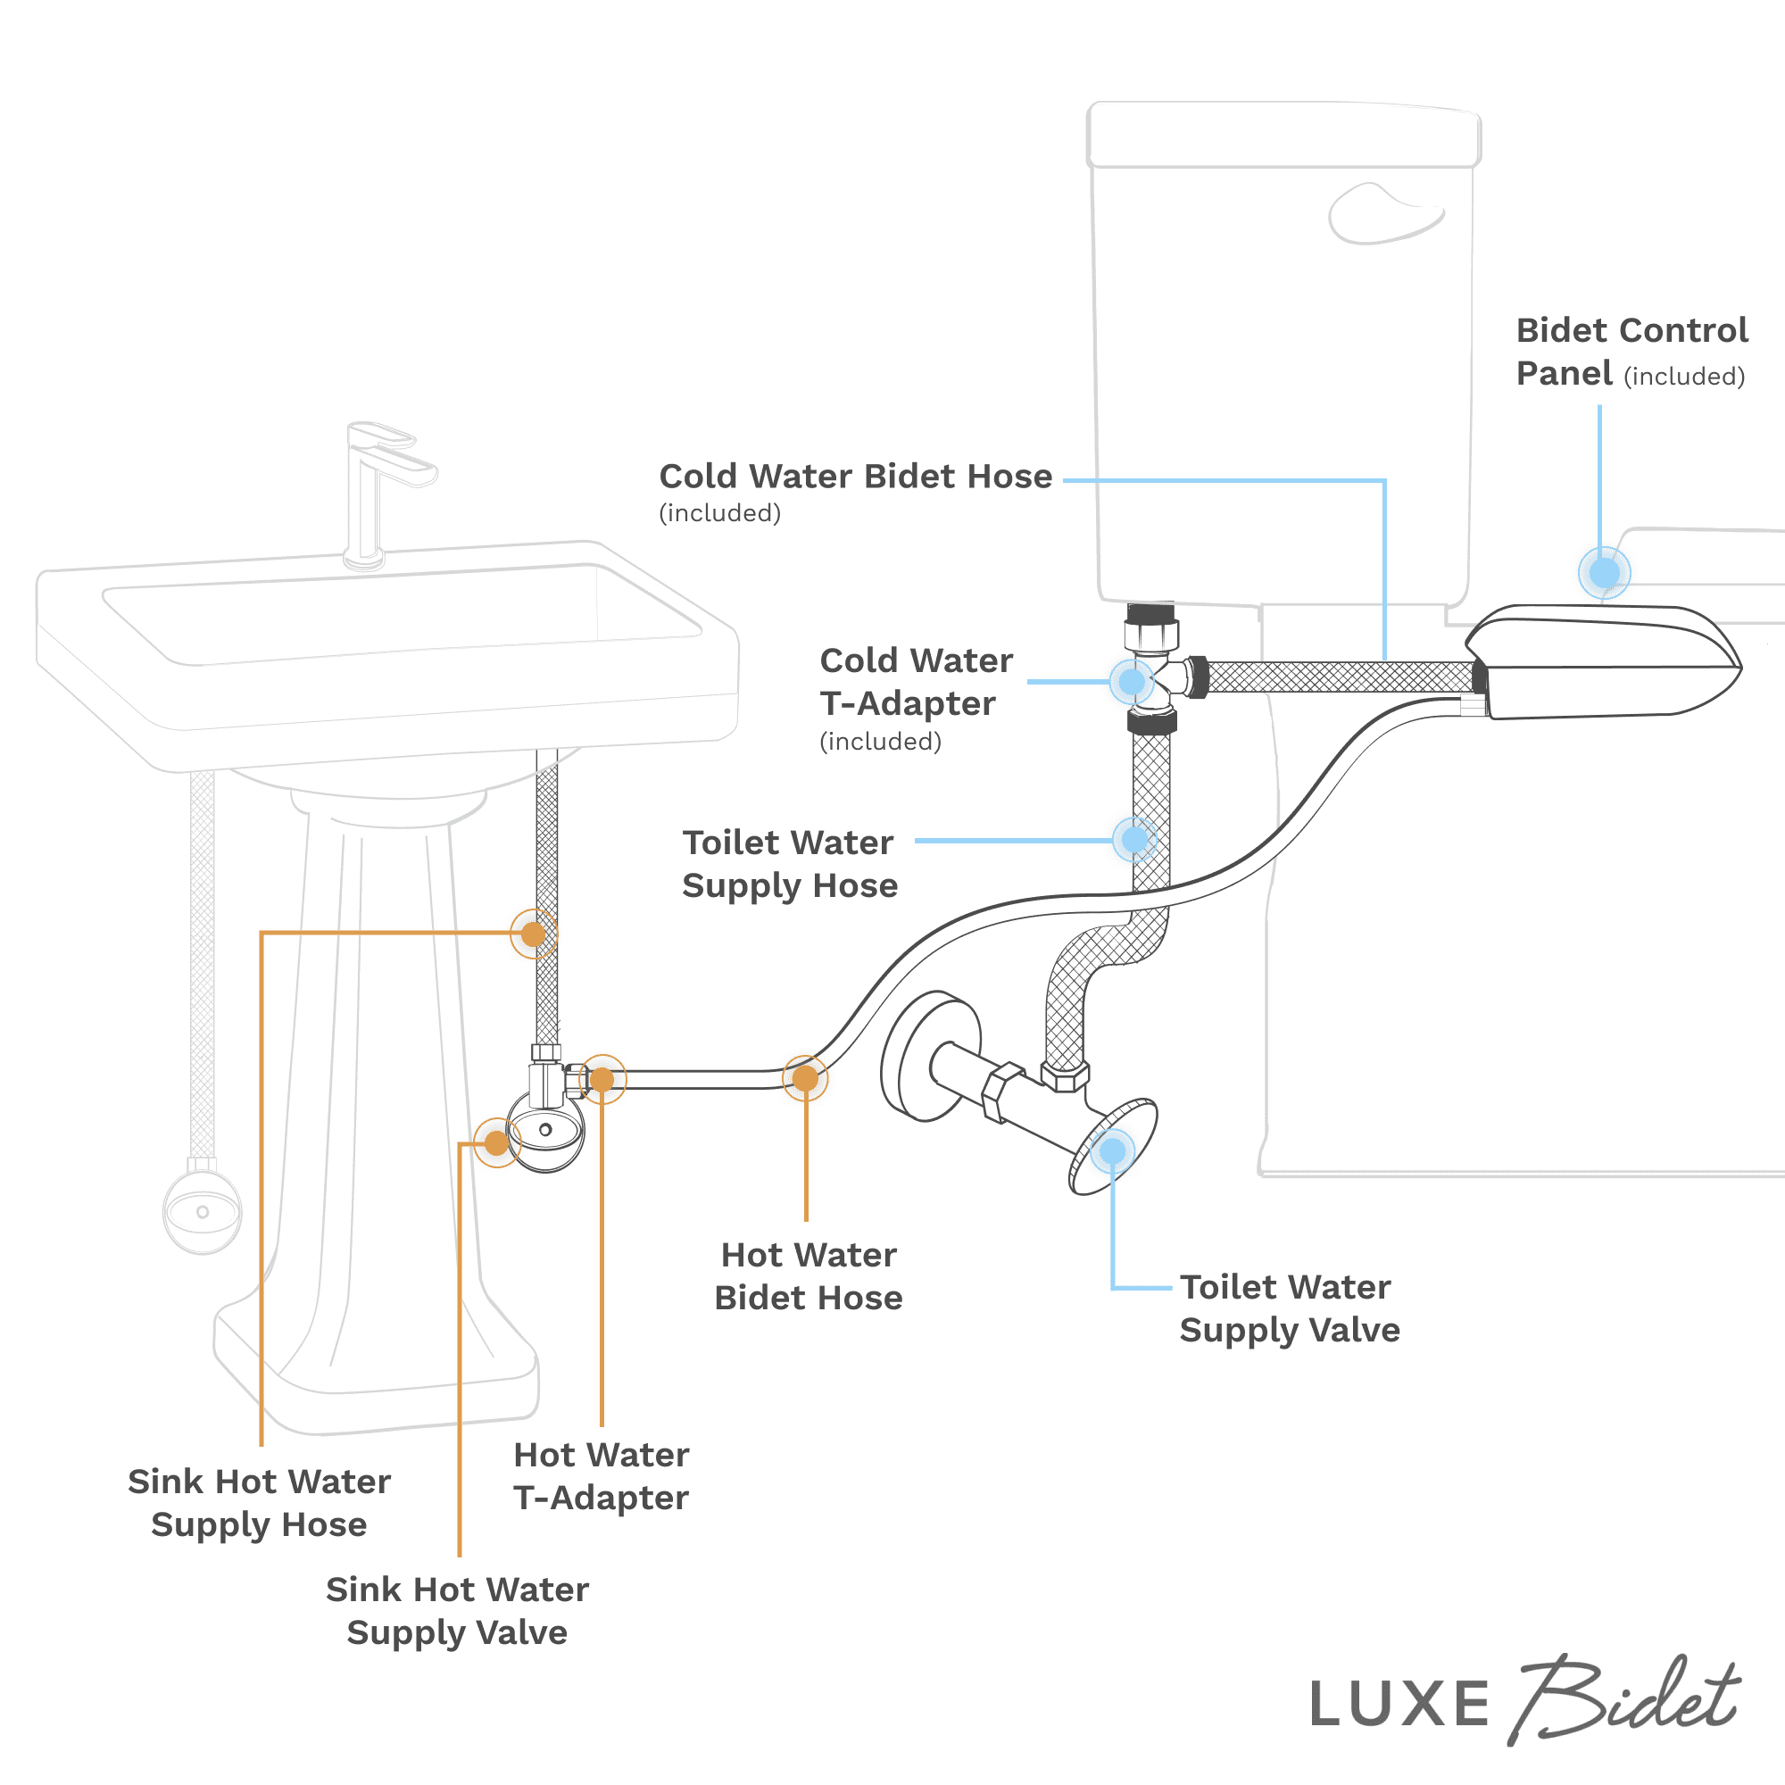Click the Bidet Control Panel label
[x=1631, y=352]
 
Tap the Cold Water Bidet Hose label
[x=855, y=477]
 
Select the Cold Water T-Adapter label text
[x=915, y=683]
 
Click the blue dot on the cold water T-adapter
[x=1132, y=682]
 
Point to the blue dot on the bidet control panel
[x=1604, y=573]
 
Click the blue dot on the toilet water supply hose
[x=1134, y=840]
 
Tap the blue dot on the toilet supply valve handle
[x=1112, y=1151]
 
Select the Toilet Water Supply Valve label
[x=1289, y=1308]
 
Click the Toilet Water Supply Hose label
[x=789, y=864]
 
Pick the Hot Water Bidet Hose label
[x=809, y=1276]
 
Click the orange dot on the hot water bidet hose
[x=805, y=1078]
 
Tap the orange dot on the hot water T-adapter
[x=602, y=1079]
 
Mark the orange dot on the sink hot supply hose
[x=533, y=934]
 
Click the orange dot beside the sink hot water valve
[x=497, y=1143]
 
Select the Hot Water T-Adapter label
[x=601, y=1476]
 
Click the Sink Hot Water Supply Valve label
[x=457, y=1611]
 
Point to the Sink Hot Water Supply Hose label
[x=259, y=1503]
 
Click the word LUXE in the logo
[x=1399, y=1705]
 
